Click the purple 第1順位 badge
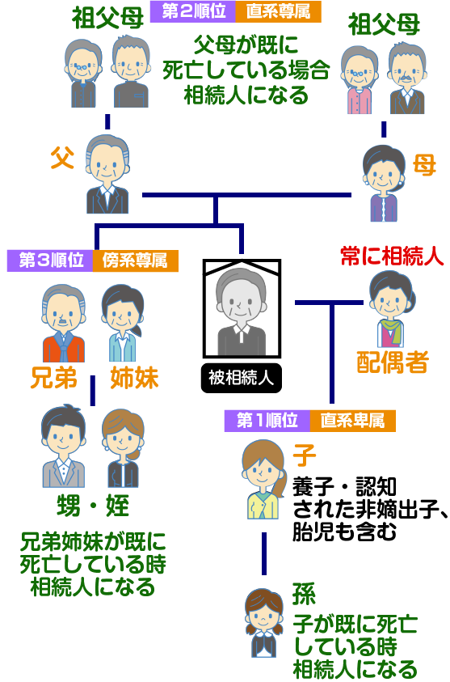(267, 421)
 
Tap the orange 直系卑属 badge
(353, 421)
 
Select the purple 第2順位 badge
(193, 12)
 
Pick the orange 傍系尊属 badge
(135, 261)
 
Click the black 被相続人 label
(242, 378)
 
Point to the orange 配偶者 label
(393, 362)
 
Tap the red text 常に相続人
(392, 256)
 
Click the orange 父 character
(62, 158)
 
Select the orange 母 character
(423, 165)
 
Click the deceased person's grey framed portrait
(242, 308)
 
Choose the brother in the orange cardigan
(63, 324)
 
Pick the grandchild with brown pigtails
(263, 623)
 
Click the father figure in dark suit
(107, 175)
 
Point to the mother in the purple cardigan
(384, 184)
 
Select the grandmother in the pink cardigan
(360, 80)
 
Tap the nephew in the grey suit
(63, 447)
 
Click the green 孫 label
(304, 594)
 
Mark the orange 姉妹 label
(134, 378)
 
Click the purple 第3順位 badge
(50, 261)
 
